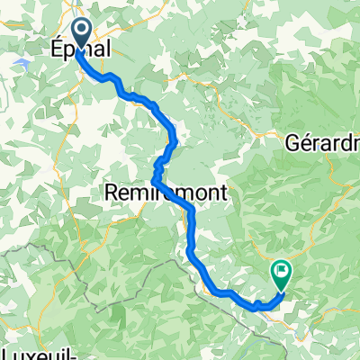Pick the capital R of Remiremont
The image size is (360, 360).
[x=111, y=193]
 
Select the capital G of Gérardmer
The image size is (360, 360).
[x=292, y=143]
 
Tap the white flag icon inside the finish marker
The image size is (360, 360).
[x=283, y=268]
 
